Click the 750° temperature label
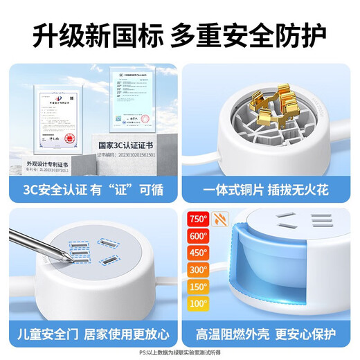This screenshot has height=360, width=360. click(199, 219)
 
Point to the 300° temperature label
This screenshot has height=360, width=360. click(199, 270)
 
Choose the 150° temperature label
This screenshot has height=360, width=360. click(199, 287)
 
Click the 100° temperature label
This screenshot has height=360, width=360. click(199, 304)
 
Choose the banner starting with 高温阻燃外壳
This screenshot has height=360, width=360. click(270, 332)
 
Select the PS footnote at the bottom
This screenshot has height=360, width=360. click(180, 352)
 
